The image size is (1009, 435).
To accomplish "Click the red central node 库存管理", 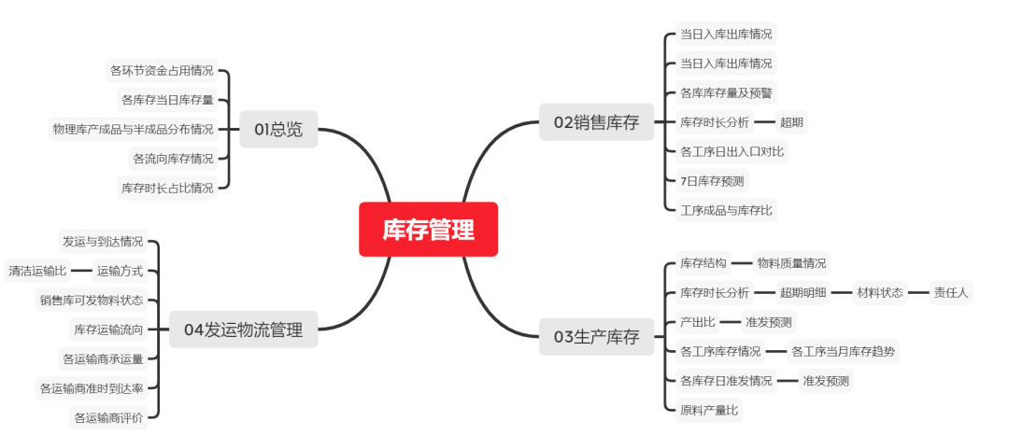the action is tap(428, 229).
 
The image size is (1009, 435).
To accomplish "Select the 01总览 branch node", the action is tap(278, 129).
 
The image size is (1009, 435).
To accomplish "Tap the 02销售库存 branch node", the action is tap(596, 121).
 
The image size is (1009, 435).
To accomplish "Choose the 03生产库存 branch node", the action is tap(596, 337).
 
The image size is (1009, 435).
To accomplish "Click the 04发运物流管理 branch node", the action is tap(243, 329).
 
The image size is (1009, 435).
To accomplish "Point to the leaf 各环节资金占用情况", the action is tap(162, 70).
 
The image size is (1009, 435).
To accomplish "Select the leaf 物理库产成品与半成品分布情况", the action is tap(133, 129).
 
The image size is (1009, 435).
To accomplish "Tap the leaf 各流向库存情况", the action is tap(173, 158).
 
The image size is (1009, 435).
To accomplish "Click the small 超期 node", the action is tap(791, 121).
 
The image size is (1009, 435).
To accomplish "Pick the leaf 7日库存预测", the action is tap(712, 180).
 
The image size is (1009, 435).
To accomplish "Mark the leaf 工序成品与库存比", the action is tap(726, 210).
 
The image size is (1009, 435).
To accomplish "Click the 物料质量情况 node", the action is tap(791, 263).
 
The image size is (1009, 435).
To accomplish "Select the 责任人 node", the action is tap(951, 292).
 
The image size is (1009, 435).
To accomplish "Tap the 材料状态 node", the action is tap(879, 292).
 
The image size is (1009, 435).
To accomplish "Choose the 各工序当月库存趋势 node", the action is tap(844, 351).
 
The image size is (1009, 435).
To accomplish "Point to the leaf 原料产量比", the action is tap(709, 409).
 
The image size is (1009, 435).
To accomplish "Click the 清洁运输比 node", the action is tap(37, 271).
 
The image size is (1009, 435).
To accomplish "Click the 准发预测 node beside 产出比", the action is tap(768, 322).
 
